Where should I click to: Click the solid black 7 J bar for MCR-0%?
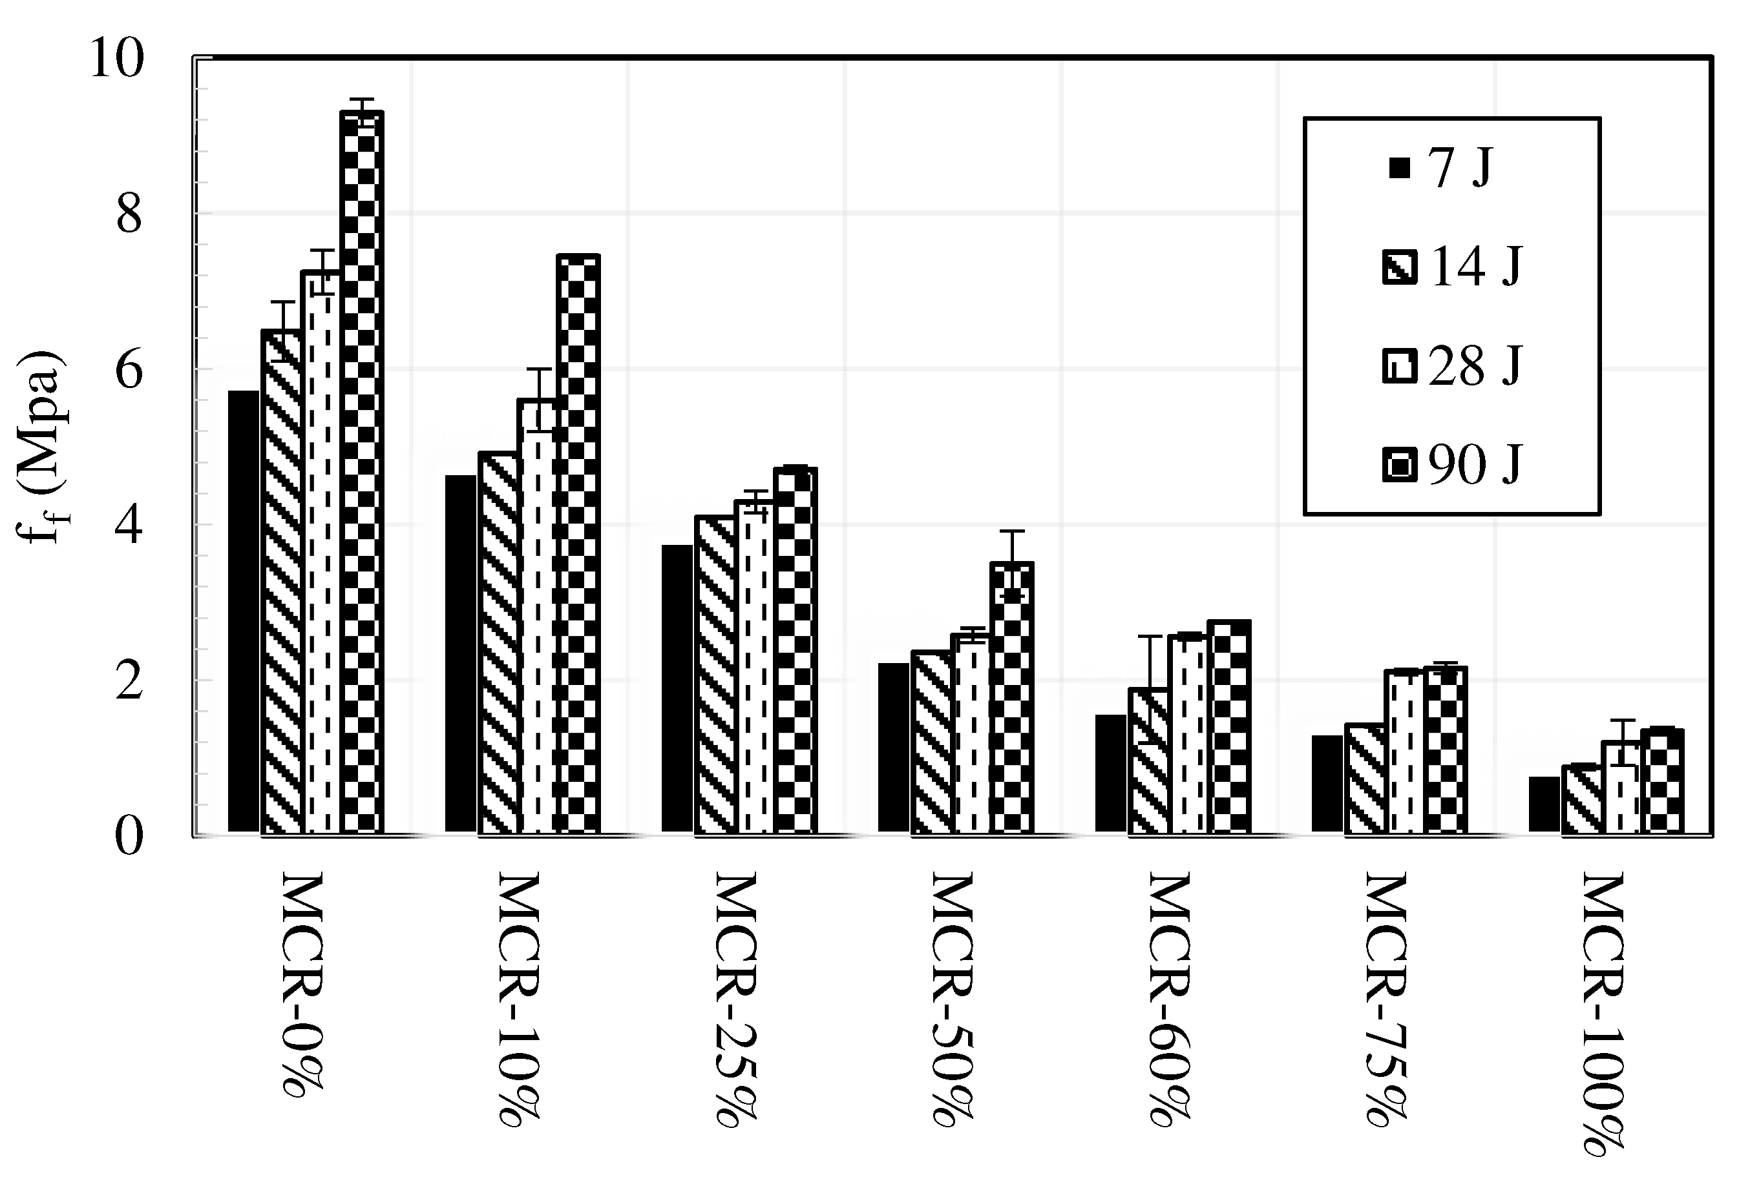[244, 611]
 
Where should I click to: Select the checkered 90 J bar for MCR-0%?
[362, 472]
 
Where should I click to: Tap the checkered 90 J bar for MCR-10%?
[578, 544]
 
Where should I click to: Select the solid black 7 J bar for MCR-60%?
[1110, 773]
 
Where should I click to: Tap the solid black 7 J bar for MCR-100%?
[1544, 804]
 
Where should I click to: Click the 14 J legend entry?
[1451, 267]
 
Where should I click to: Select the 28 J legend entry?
[1451, 367]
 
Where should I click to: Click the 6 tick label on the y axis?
[129, 370]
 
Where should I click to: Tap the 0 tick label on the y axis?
[129, 837]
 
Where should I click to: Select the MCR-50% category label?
[953, 999]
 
